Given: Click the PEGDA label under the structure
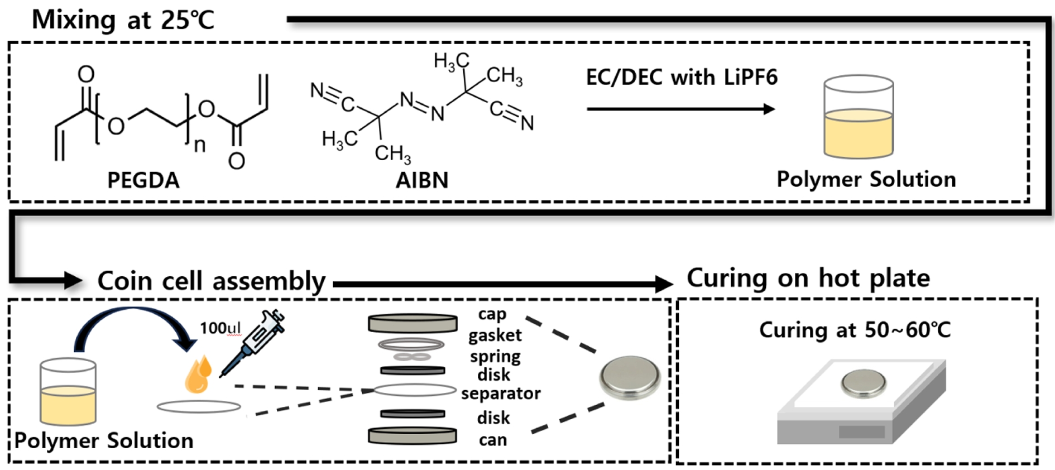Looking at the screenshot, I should click(x=143, y=180).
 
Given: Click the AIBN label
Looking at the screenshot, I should click(x=422, y=180).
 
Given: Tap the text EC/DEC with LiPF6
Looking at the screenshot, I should click(x=681, y=77).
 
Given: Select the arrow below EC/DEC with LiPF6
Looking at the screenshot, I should click(x=681, y=109).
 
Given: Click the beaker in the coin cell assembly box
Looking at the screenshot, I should click(x=68, y=392).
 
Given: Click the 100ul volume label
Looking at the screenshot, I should click(x=220, y=328).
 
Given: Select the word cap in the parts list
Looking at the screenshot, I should click(x=492, y=314).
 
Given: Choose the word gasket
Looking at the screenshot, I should click(x=495, y=335).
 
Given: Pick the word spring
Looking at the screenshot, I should click(x=495, y=356).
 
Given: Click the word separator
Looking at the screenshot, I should click(x=501, y=394).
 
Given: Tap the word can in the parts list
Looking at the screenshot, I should click(x=493, y=440).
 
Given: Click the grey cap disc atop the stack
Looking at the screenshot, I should click(x=413, y=323).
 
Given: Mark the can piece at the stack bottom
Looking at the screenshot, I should click(x=413, y=436).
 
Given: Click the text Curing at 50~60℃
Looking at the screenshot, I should click(x=855, y=330).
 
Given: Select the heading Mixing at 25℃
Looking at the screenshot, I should click(x=123, y=20).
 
